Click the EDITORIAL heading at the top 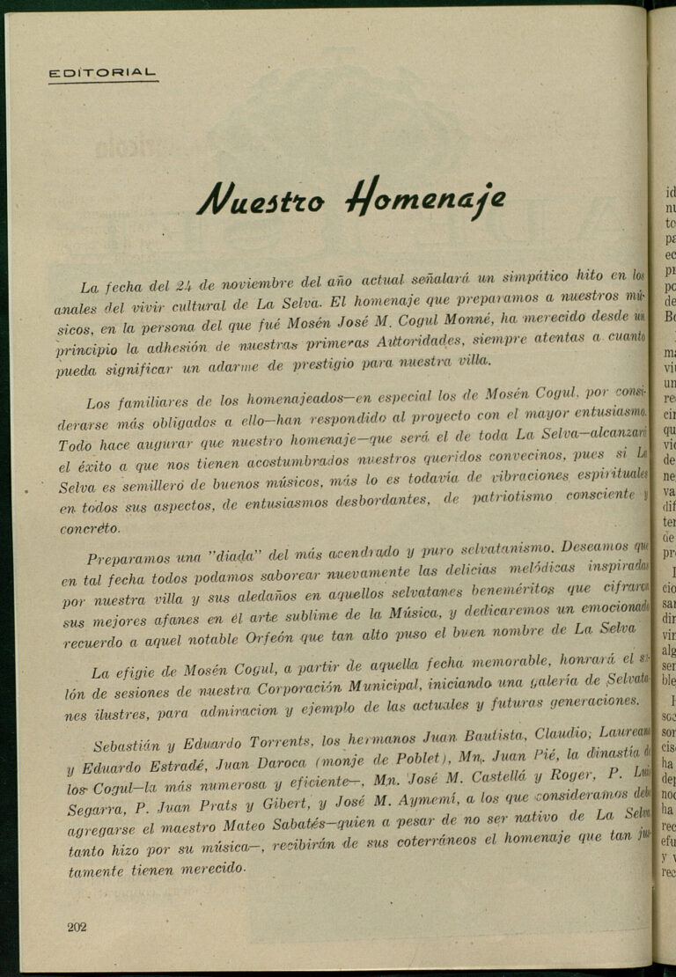[x=103, y=73]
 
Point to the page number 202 [x=77, y=927]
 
